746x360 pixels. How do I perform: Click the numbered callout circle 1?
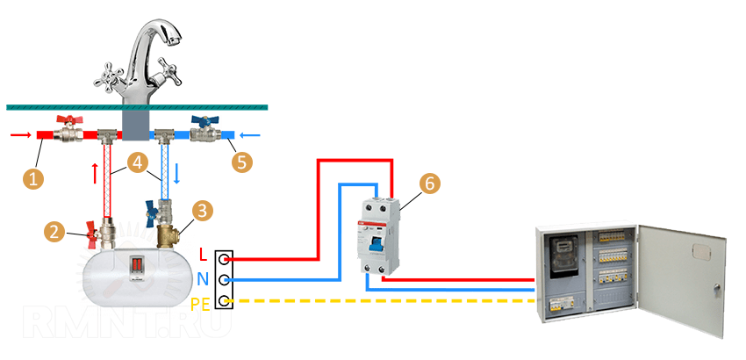point(33,178)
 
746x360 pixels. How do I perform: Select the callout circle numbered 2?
point(54,232)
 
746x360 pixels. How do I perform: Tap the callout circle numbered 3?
point(203,211)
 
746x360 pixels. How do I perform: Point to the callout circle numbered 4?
point(135,162)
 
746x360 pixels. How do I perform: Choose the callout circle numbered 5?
point(241,162)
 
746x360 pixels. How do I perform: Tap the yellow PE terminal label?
point(202,304)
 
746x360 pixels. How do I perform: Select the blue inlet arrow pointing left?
point(252,136)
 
